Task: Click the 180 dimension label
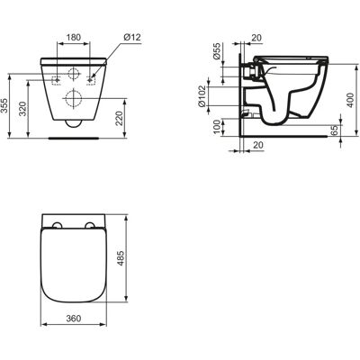74,38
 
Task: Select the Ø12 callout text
131,37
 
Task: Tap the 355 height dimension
4,106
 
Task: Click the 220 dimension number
119,118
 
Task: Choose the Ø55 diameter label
216,51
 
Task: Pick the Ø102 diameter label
202,96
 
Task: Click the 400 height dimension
350,100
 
